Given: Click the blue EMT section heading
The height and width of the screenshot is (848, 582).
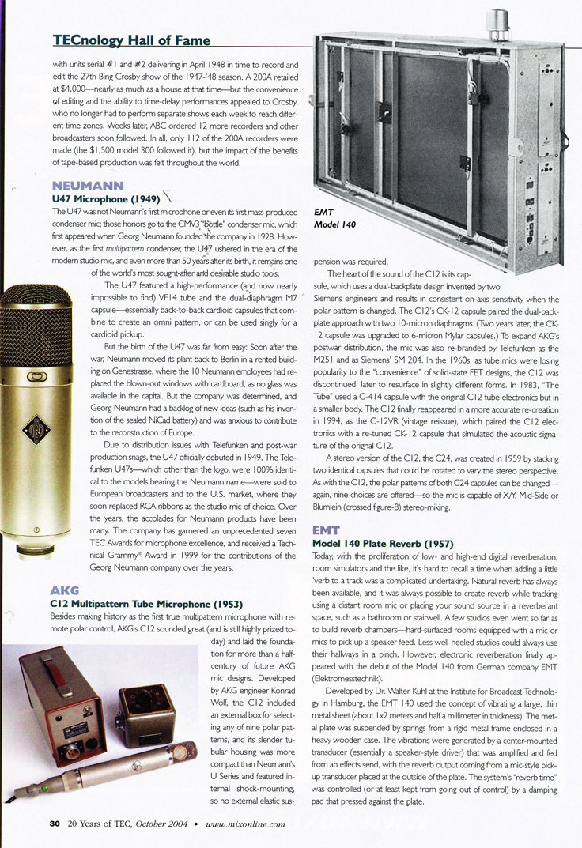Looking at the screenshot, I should (x=327, y=530).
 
